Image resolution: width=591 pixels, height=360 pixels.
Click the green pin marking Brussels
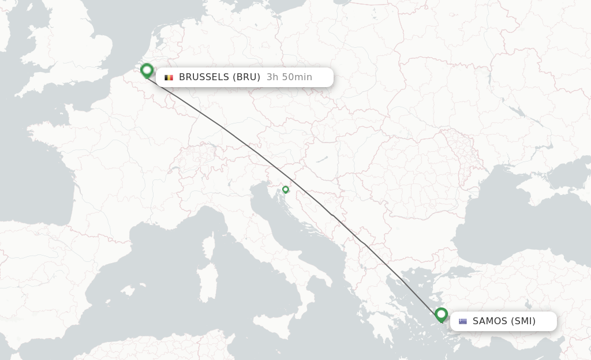tap(147, 70)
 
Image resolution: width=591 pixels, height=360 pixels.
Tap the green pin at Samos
tap(442, 314)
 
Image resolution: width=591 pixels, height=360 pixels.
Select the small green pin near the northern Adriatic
tap(285, 189)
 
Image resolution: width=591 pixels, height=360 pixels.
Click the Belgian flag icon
tap(169, 77)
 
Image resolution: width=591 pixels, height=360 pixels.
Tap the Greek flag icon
tap(463, 321)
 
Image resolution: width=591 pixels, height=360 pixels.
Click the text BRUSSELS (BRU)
tap(219, 77)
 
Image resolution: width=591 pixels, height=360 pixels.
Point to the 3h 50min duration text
tap(289, 77)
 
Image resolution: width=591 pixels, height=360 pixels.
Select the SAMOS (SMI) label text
tap(504, 321)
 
